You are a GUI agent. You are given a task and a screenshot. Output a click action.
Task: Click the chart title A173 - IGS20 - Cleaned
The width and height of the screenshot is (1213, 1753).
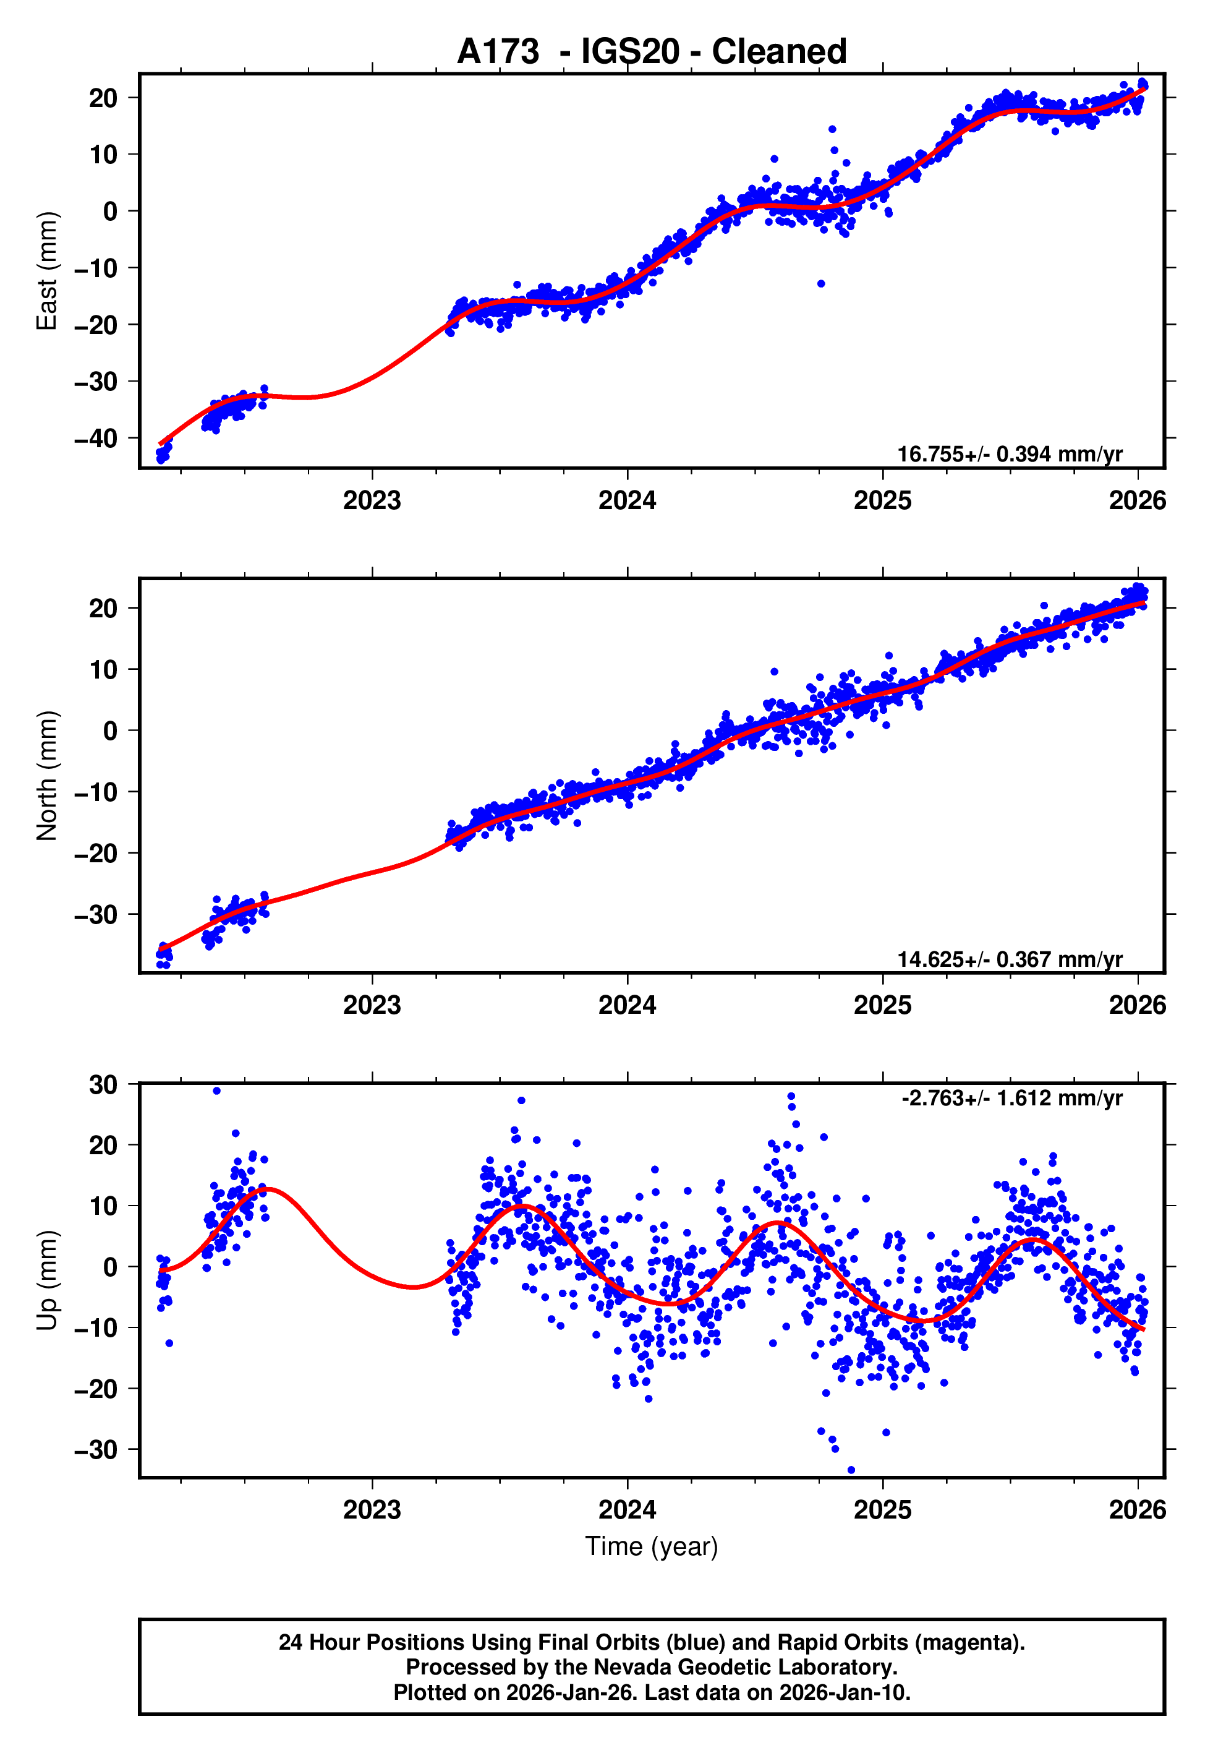pyautogui.click(x=652, y=52)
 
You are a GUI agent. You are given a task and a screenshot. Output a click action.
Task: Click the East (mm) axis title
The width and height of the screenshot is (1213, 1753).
pyautogui.click(x=47, y=271)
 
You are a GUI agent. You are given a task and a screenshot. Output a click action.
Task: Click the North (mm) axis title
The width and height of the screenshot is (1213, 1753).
pyautogui.click(x=47, y=776)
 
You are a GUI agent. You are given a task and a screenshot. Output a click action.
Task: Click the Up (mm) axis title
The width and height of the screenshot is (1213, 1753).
pyautogui.click(x=47, y=1280)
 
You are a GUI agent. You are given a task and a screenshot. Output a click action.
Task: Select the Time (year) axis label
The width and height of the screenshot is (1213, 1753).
pyautogui.click(x=652, y=1546)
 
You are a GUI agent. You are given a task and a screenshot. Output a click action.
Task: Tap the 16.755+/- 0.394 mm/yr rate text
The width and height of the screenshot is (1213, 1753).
pyautogui.click(x=1010, y=454)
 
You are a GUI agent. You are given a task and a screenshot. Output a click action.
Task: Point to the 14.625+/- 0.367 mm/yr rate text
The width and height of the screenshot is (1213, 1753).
pyautogui.click(x=1010, y=959)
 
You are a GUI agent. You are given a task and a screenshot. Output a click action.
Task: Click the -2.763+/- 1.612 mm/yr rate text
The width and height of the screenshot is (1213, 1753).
pyautogui.click(x=1011, y=1098)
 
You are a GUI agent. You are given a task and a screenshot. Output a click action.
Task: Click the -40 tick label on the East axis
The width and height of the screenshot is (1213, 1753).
pyautogui.click(x=96, y=439)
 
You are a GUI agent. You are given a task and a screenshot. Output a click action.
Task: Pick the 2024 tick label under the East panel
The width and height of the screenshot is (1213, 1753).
pyautogui.click(x=627, y=500)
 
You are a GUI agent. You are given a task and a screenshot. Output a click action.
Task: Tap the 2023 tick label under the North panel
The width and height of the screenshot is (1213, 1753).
pyautogui.click(x=372, y=1005)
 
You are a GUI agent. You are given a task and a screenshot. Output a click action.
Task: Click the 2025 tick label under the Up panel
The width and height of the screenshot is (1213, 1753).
pyautogui.click(x=882, y=1510)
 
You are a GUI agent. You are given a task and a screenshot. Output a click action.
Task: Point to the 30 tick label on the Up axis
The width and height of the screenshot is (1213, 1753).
pyautogui.click(x=103, y=1085)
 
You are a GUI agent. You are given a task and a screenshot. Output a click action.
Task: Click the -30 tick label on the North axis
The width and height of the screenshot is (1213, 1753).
pyautogui.click(x=96, y=914)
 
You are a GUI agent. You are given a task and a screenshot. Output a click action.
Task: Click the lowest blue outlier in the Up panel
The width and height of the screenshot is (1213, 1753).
pyautogui.click(x=851, y=1470)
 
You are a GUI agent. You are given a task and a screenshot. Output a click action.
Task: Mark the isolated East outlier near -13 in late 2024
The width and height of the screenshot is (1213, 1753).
pyautogui.click(x=821, y=283)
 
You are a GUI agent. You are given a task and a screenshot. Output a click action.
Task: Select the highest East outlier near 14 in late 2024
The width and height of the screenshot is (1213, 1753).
pyautogui.click(x=832, y=129)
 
